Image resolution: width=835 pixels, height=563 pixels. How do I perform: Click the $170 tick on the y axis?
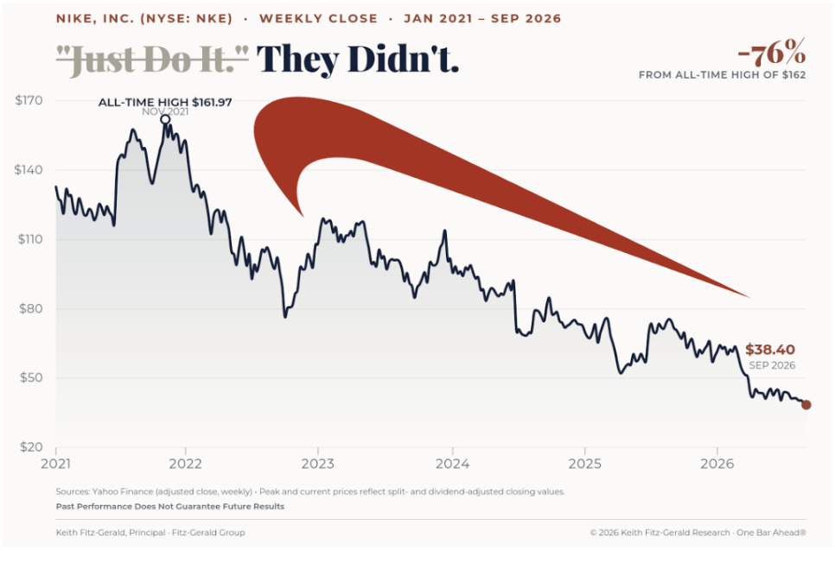point(29,100)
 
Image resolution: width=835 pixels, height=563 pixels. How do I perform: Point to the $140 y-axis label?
point(29,170)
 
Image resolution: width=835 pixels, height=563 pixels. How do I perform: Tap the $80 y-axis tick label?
point(31,308)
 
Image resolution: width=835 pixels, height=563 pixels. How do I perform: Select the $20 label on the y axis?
point(31,447)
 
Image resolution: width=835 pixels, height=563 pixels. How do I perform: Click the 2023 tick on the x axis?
point(318,464)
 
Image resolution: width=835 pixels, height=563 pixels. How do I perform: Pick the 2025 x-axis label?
point(584,464)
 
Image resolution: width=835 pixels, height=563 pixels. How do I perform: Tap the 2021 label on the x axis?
point(56,464)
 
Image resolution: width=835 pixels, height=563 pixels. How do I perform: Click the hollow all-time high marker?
point(165,120)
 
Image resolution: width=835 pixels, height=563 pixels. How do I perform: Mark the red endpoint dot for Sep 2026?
point(806,405)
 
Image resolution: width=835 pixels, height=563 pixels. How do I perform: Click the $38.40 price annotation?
point(770,350)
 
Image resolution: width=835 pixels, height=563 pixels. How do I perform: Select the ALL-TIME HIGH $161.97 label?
point(165,102)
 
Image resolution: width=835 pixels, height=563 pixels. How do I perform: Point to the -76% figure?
point(772,53)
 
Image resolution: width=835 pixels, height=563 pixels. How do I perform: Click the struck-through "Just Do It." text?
point(153,59)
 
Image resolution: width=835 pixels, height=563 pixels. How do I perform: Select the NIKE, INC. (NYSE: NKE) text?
point(144,19)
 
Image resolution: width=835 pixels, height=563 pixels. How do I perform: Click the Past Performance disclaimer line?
point(170,507)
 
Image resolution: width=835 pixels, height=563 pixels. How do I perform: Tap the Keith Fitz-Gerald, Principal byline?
point(111,533)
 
